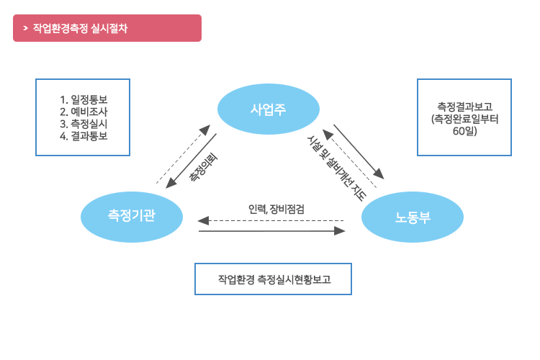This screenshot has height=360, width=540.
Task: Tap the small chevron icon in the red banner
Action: [25, 28]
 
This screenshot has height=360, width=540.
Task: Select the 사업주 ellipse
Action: [267, 109]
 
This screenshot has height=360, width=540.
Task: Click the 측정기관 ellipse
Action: [131, 215]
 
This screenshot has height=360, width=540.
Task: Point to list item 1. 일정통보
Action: [84, 99]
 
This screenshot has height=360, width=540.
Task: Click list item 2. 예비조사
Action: [84, 112]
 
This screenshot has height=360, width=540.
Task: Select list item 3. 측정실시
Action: [84, 124]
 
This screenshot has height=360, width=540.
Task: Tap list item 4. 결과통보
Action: [84, 135]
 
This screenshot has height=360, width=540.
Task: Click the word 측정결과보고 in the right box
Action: [464, 106]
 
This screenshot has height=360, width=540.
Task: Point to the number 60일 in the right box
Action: [464, 131]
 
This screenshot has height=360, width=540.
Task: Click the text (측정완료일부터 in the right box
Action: [464, 119]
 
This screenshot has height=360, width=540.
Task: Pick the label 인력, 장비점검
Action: [276, 209]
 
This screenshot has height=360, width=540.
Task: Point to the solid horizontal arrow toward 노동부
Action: [272, 231]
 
